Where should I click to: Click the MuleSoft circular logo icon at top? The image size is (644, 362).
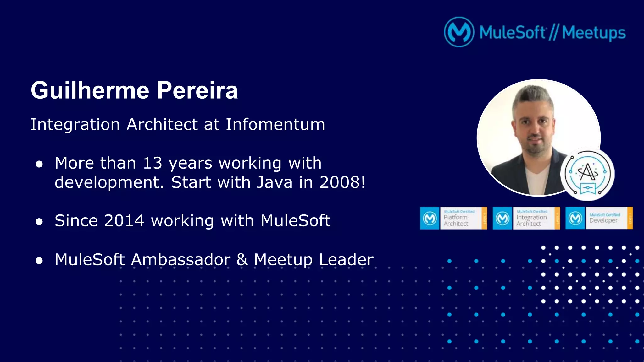pyautogui.click(x=459, y=32)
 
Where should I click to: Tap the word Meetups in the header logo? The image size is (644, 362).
pyautogui.click(x=594, y=33)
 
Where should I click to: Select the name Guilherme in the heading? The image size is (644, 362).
pyautogui.click(x=90, y=90)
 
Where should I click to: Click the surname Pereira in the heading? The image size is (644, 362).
pyautogui.click(x=197, y=90)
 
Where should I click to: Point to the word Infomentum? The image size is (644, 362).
pyautogui.click(x=275, y=124)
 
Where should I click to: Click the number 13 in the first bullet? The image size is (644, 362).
pyautogui.click(x=153, y=163)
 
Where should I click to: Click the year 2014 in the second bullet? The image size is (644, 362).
pyautogui.click(x=124, y=221)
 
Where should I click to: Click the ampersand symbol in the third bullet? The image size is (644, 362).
pyautogui.click(x=242, y=260)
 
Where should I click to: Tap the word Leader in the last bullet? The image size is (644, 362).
pyautogui.click(x=346, y=260)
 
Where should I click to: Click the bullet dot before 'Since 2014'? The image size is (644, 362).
pyautogui.click(x=39, y=222)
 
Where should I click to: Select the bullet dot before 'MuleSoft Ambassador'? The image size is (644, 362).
pyautogui.click(x=39, y=261)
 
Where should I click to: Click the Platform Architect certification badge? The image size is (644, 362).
pyautogui.click(x=453, y=218)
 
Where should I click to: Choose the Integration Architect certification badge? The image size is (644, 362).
pyautogui.click(x=526, y=218)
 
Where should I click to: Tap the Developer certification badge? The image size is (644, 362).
pyautogui.click(x=599, y=218)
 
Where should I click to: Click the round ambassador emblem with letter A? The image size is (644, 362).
pyautogui.click(x=587, y=175)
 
